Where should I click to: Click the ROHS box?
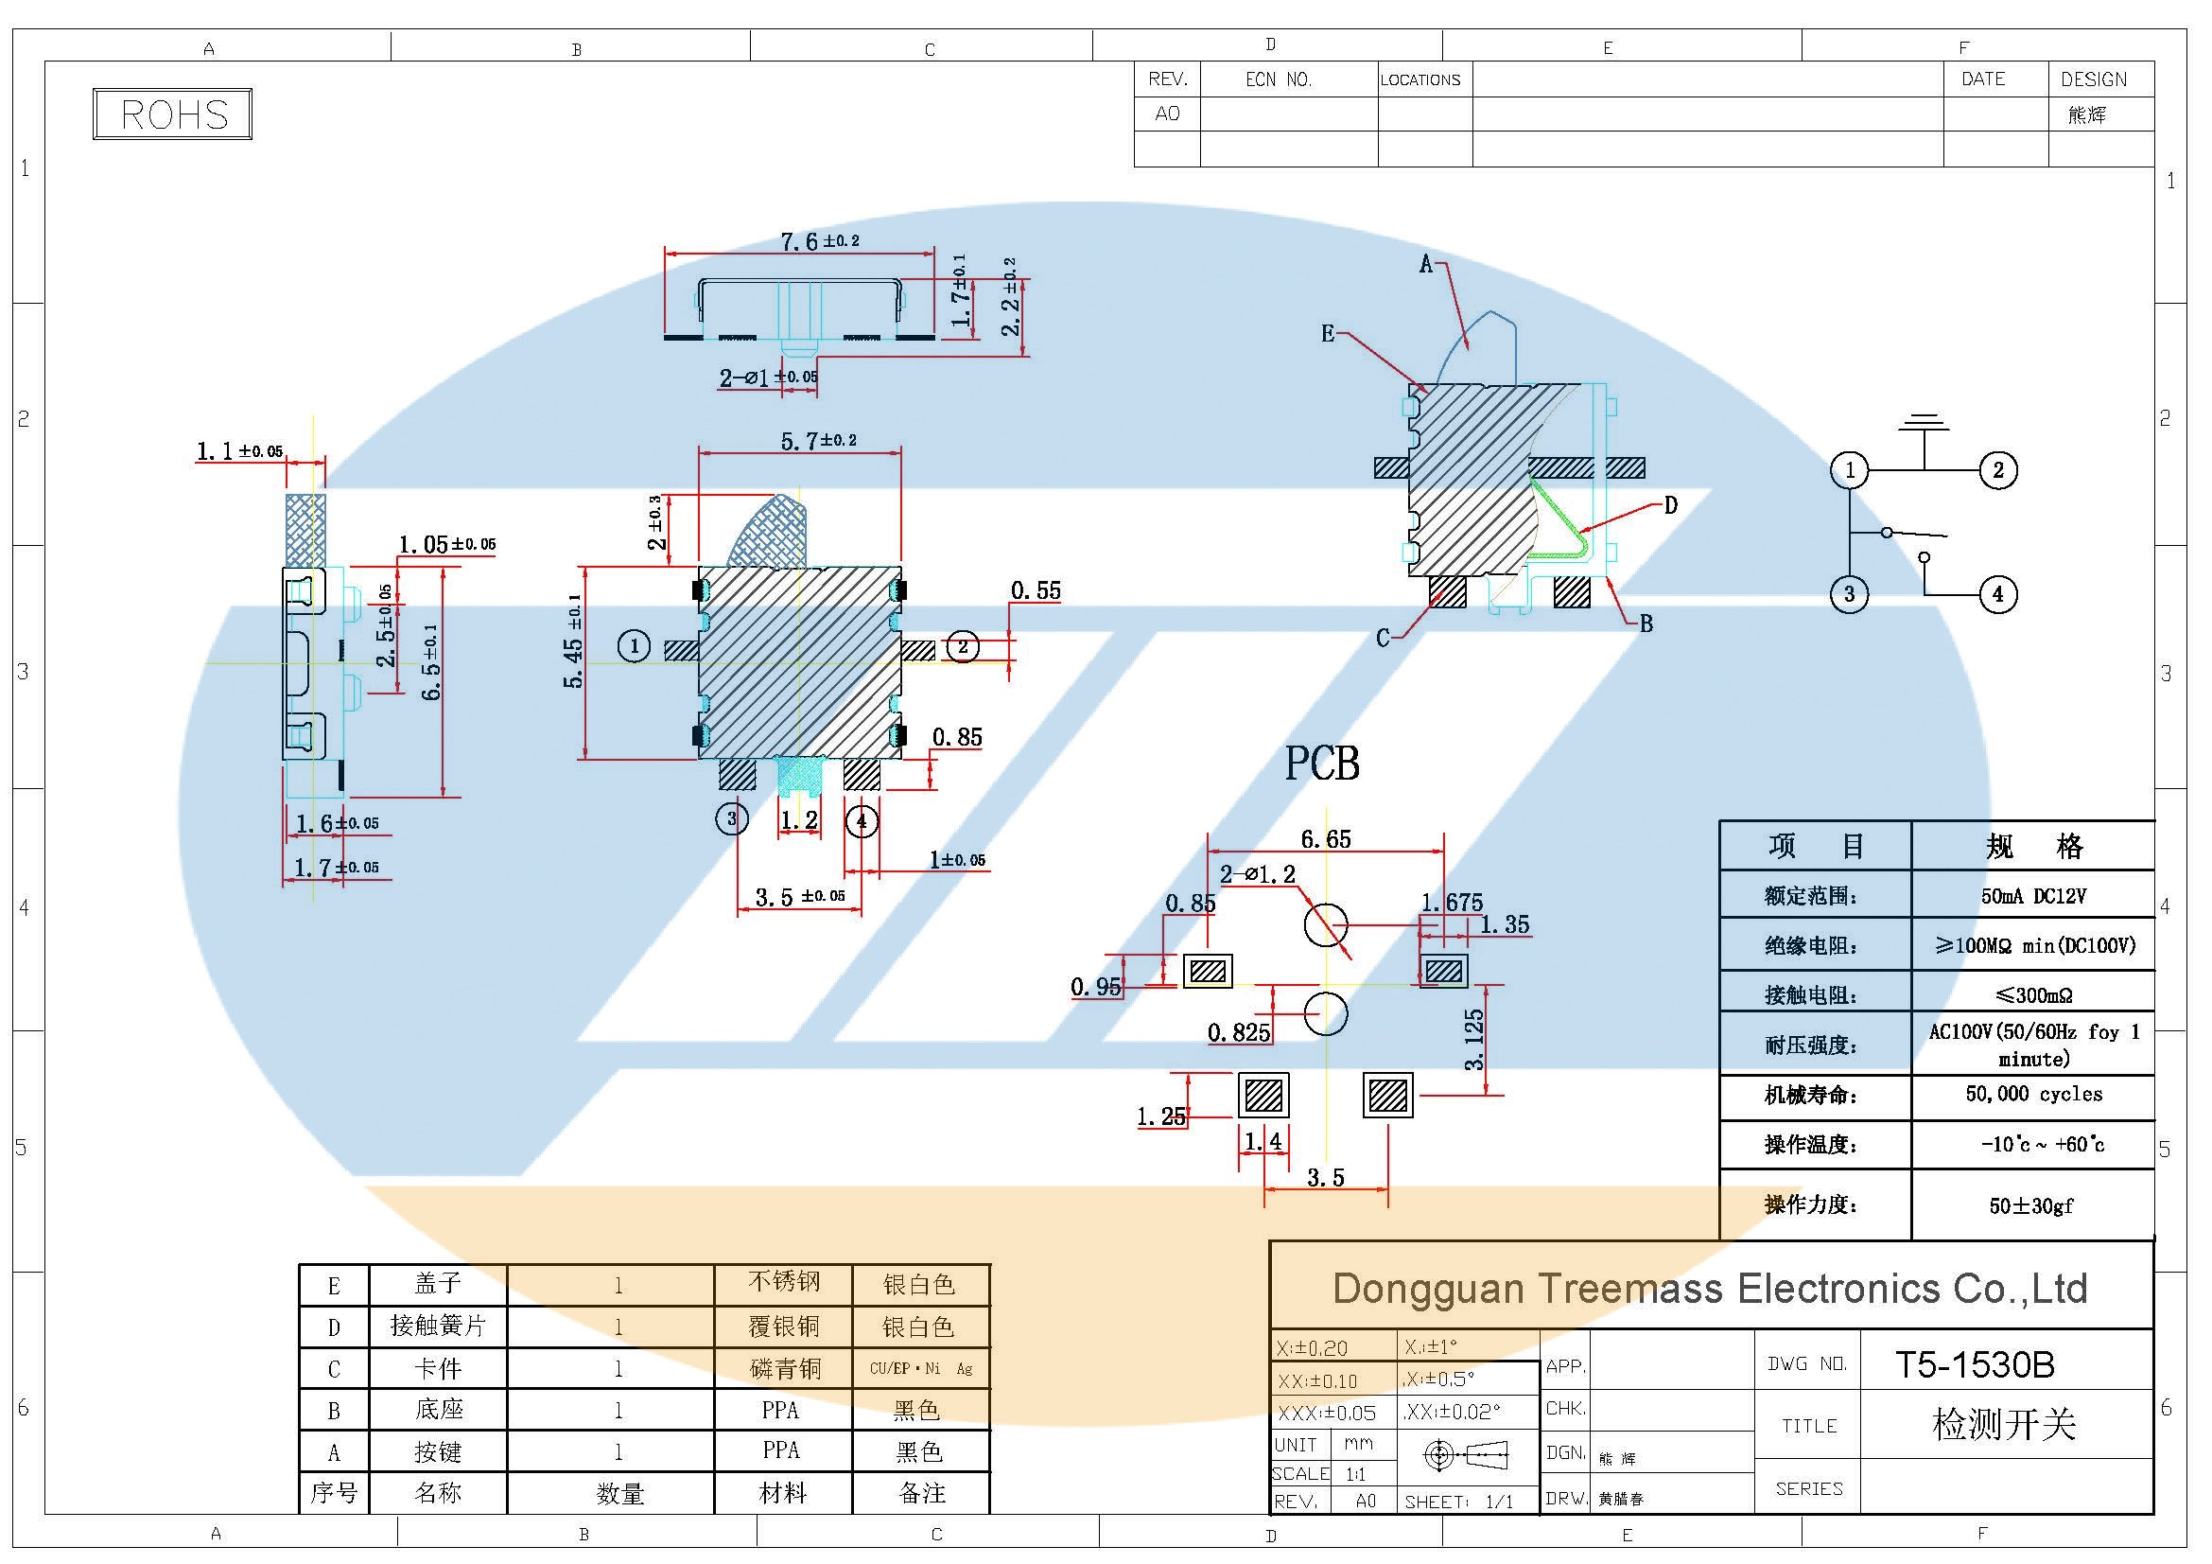172,114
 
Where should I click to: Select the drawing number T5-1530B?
1974,1363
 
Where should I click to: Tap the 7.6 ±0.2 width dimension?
819,240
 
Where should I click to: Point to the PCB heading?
1322,764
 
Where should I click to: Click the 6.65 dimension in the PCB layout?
1326,839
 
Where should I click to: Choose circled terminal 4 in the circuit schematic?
1997,593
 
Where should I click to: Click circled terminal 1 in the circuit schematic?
1849,470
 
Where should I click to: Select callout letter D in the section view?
1670,505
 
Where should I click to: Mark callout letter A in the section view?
1426,264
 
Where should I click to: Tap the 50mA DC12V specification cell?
2033,896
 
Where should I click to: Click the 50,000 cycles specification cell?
2033,1094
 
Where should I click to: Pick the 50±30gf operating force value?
2030,1205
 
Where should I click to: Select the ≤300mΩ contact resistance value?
2033,994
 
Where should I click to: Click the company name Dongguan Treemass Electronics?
1709,1289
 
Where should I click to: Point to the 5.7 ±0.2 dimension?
818,441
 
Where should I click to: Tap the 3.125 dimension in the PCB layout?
1474,1040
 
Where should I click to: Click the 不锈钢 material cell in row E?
783,1283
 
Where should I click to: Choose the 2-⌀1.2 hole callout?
1257,875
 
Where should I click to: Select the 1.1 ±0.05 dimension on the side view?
239,451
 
